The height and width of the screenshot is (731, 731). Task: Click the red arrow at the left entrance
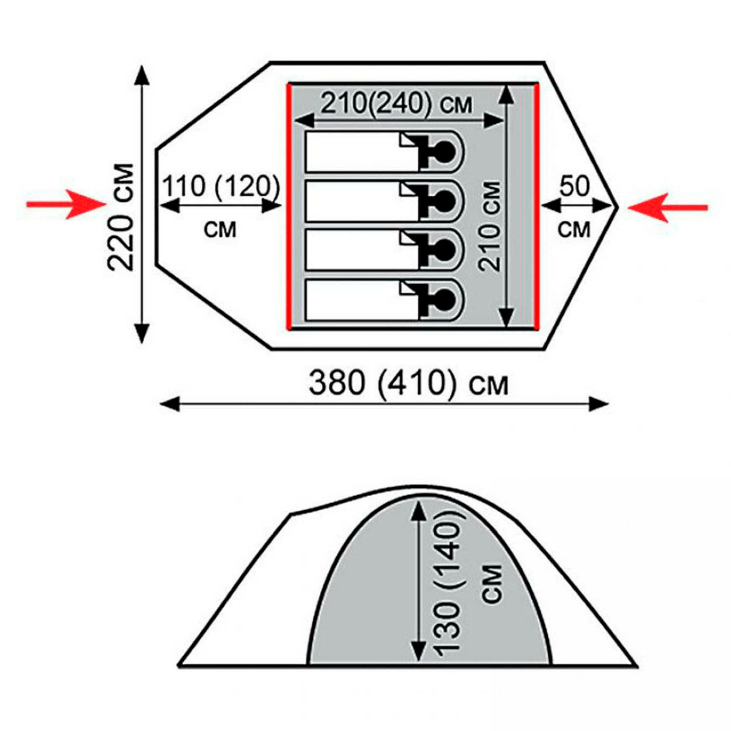[x=66, y=204]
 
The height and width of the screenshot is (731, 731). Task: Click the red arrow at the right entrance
[x=668, y=208]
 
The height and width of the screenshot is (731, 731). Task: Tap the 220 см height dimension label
[x=120, y=217]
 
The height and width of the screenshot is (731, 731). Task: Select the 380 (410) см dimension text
[x=408, y=383]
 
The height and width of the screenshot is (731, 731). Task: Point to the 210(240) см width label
[x=396, y=103]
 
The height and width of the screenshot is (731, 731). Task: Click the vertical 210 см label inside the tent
[x=489, y=226]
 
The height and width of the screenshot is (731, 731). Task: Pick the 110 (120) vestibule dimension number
[x=221, y=186]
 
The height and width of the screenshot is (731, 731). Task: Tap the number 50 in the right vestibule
[x=575, y=186]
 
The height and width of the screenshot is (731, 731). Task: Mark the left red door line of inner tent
[x=289, y=207]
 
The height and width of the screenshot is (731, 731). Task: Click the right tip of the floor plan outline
[x=617, y=207]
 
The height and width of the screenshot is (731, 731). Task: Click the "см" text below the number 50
[x=574, y=229]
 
